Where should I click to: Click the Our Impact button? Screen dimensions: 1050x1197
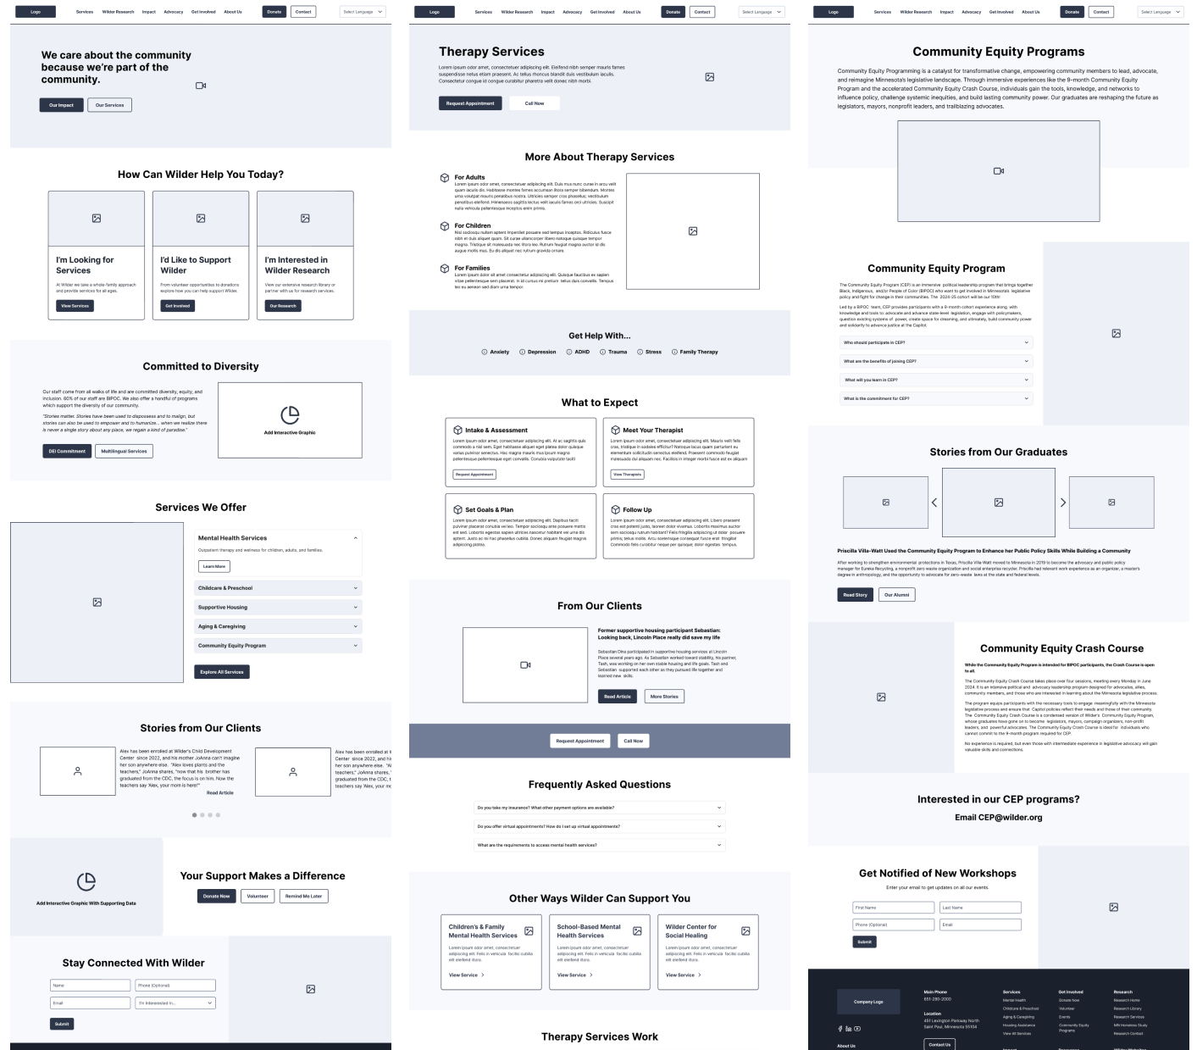[x=61, y=105]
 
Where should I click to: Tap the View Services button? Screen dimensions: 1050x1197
[x=75, y=306]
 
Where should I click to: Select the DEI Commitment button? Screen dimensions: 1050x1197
[x=67, y=451]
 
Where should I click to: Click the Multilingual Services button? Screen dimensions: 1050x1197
[x=124, y=451]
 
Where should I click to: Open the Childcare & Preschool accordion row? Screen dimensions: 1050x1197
[x=278, y=588]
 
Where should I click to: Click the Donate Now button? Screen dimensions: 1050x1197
[x=216, y=896]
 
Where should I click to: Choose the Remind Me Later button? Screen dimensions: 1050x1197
[x=303, y=896]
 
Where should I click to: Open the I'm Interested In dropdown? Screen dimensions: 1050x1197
[x=175, y=1003]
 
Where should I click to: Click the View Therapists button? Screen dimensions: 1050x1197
[x=627, y=475]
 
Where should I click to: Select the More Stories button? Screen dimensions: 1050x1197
[x=664, y=696]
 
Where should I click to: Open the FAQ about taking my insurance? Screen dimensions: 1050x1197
[x=599, y=808]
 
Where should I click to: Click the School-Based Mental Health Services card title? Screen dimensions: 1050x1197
[x=589, y=931]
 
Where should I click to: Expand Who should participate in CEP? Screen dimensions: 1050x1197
[x=936, y=342]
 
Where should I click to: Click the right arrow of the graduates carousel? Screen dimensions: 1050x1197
[x=1063, y=503]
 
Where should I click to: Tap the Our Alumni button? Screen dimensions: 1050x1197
[x=896, y=595]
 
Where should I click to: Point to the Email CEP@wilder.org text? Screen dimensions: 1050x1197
[x=998, y=818]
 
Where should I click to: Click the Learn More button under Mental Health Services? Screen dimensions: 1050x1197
[x=213, y=566]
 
